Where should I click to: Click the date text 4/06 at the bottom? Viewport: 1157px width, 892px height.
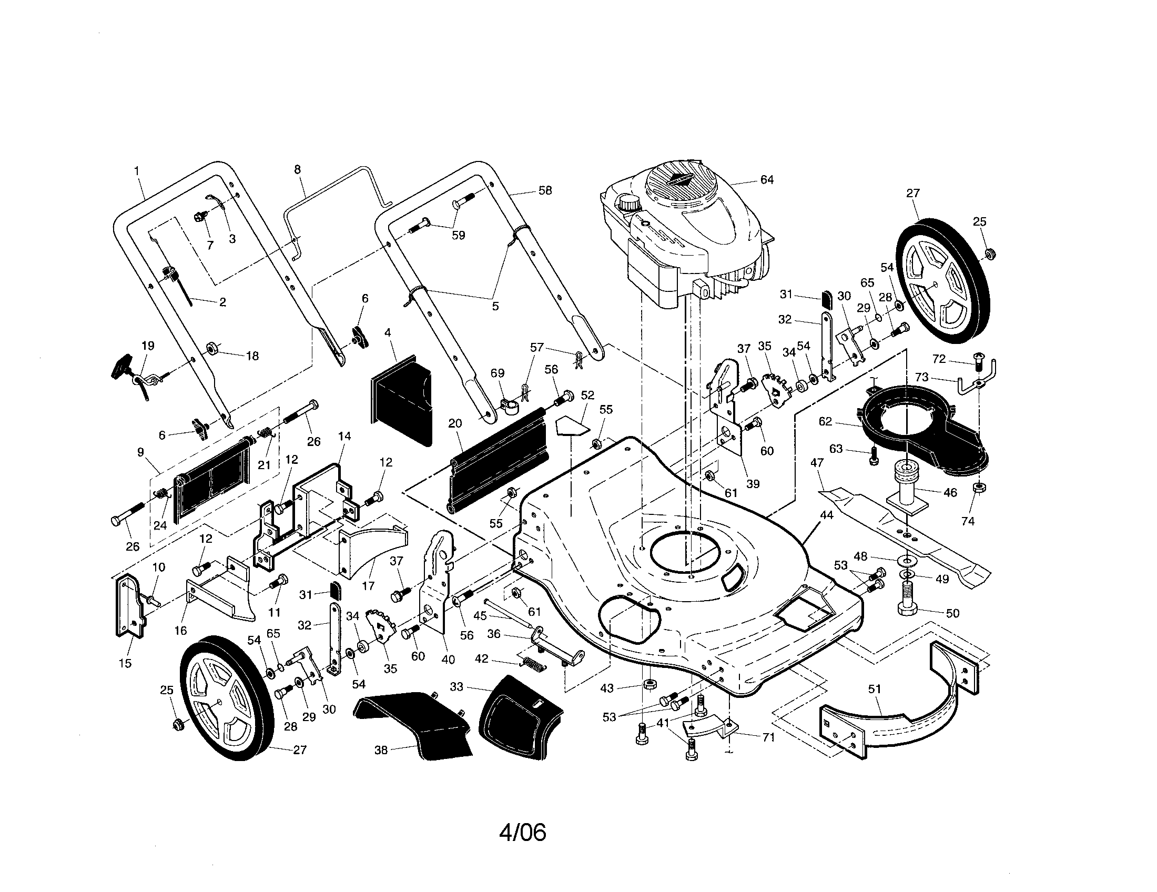(x=522, y=832)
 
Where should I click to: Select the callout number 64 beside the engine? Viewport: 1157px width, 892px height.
(x=767, y=180)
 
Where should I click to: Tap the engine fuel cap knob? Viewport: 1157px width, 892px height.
(x=629, y=203)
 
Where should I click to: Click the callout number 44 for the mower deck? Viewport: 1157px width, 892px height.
(x=826, y=515)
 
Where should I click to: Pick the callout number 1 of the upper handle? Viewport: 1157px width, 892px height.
(x=137, y=171)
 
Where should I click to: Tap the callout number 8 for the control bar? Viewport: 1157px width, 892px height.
(x=297, y=169)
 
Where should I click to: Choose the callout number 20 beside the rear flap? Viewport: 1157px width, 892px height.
(x=454, y=423)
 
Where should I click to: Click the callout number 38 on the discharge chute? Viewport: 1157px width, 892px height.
(x=381, y=750)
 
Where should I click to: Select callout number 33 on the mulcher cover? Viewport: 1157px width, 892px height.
(x=456, y=687)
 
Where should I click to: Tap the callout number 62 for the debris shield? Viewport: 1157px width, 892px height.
(x=825, y=422)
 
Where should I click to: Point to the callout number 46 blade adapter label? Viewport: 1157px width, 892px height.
(x=950, y=493)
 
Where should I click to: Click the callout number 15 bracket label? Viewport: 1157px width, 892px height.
(x=125, y=663)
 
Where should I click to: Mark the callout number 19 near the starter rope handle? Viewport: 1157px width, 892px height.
(x=148, y=346)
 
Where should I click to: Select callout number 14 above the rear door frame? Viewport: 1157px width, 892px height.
(x=344, y=437)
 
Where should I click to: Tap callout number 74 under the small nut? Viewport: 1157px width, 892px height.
(x=967, y=521)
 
